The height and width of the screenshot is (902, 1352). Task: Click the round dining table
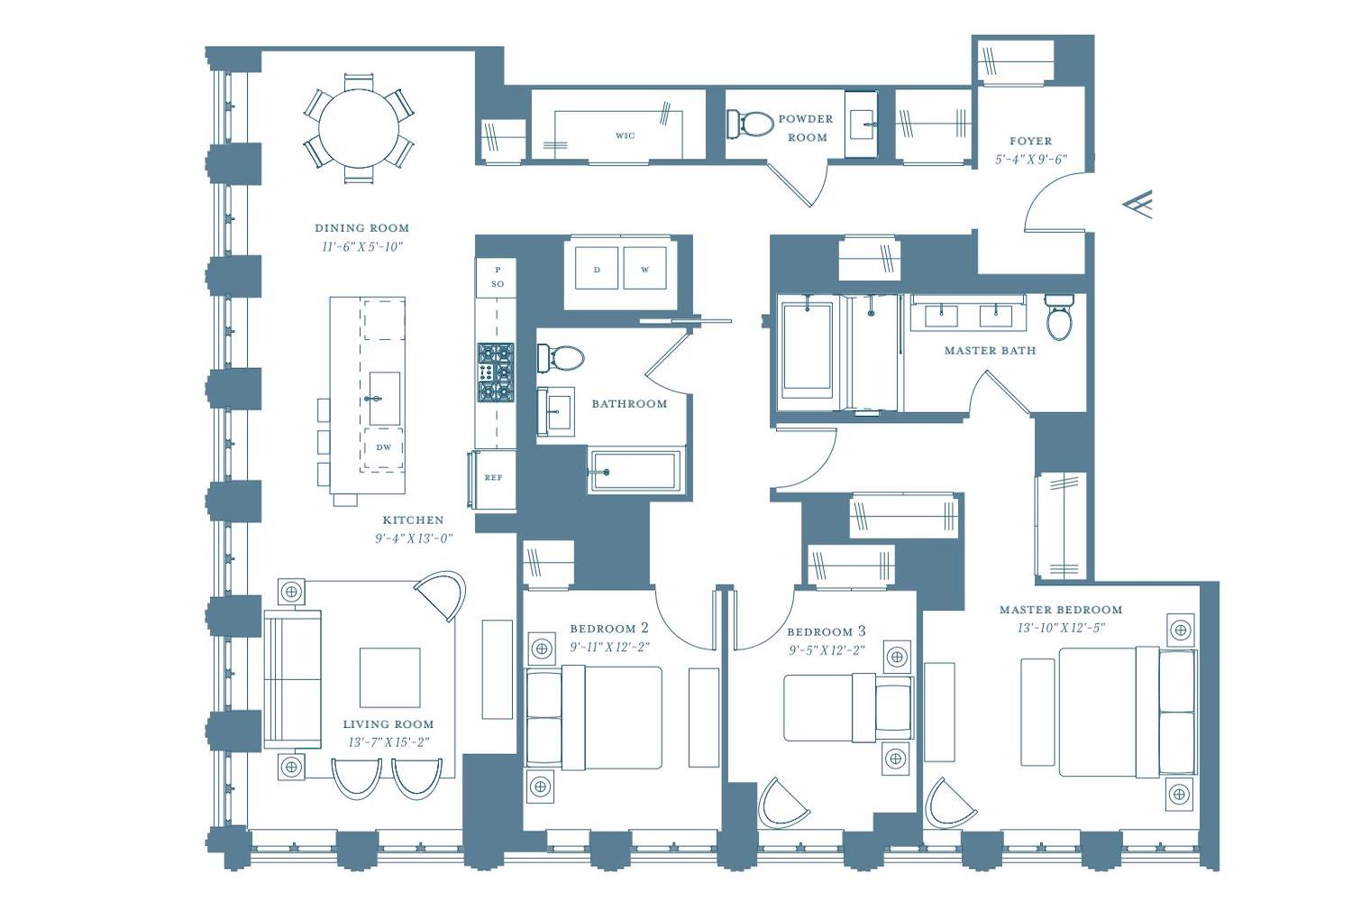pos(359,128)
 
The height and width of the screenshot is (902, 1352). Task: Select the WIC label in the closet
pos(626,136)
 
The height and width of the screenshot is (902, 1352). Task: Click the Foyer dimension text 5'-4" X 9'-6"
pos(1031,160)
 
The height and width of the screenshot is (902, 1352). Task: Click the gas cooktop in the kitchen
pos(496,373)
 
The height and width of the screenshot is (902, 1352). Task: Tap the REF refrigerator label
pos(493,477)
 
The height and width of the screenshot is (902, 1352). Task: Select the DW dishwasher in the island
pos(383,447)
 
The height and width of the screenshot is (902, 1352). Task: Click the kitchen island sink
pos(385,399)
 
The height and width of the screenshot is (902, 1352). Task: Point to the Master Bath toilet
pos(1059,317)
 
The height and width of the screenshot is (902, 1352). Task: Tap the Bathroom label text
pos(629,404)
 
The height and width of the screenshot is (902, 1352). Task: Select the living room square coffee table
pos(390,677)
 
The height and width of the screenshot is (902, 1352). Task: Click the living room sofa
pos(293,679)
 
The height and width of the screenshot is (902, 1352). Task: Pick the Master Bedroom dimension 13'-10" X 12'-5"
pos(1061,628)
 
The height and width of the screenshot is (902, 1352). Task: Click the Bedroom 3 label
pos(827,631)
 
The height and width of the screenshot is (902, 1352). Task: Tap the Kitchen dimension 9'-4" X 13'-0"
pos(414,538)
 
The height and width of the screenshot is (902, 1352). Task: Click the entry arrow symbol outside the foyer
pos(1137,204)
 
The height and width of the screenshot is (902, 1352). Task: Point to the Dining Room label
pos(362,228)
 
